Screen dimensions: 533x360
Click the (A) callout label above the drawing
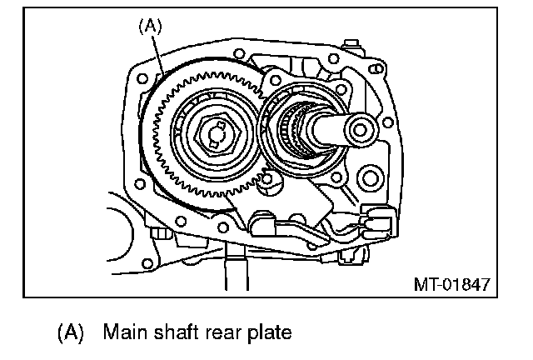tap(150, 26)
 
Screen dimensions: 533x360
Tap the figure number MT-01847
tap(452, 284)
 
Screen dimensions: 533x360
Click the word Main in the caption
tap(126, 332)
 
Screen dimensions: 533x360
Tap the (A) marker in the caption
tap(70, 332)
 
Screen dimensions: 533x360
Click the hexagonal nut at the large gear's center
tap(217, 135)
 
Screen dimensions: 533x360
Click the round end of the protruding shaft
tap(361, 130)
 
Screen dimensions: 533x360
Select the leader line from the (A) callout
tap(157, 54)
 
